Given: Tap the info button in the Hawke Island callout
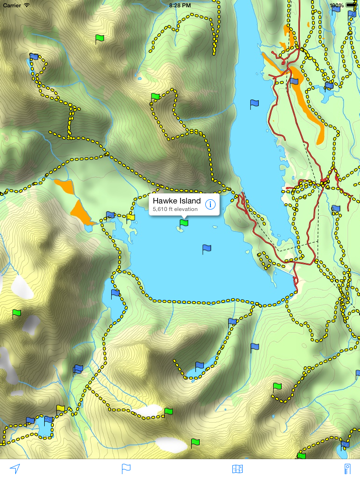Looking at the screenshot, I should pyautogui.click(x=211, y=204).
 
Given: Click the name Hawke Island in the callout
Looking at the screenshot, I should pyautogui.click(x=176, y=200).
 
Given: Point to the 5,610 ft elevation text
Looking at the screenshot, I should pyautogui.click(x=176, y=210).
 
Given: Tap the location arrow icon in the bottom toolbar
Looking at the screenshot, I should pyautogui.click(x=15, y=468).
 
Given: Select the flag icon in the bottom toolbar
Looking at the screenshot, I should pyautogui.click(x=126, y=468).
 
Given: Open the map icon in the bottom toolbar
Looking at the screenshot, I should pyautogui.click(x=237, y=468).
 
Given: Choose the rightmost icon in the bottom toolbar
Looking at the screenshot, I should pyautogui.click(x=348, y=468).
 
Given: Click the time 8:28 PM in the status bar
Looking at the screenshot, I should pyautogui.click(x=180, y=5).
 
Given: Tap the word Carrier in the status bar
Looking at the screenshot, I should pyautogui.click(x=13, y=5).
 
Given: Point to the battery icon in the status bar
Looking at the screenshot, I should pyautogui.click(x=351, y=5).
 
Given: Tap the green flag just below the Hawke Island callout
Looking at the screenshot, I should pyautogui.click(x=182, y=224).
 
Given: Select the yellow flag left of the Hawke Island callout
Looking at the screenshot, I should pyautogui.click(x=131, y=215).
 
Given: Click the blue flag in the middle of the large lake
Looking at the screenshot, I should pyautogui.click(x=207, y=248).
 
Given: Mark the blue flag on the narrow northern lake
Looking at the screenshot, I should pyautogui.click(x=254, y=103).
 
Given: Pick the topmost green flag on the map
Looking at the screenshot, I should pyautogui.click(x=99, y=39).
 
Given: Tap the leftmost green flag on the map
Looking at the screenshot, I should pyautogui.click(x=16, y=314).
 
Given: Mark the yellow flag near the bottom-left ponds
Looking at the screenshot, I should pyautogui.click(x=61, y=408).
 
